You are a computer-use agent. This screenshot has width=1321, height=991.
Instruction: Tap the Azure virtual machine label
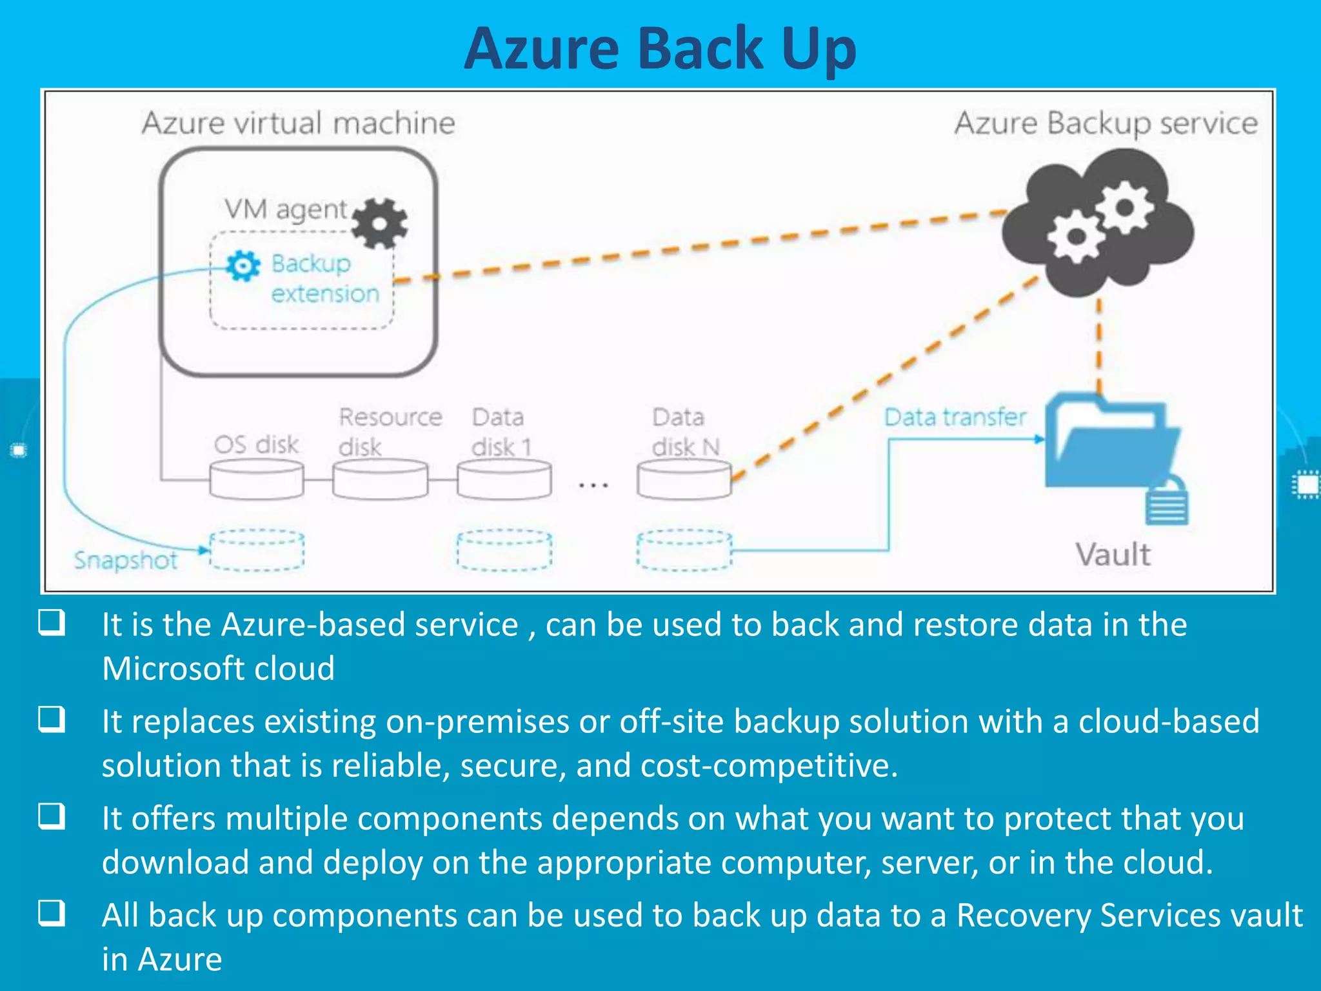(x=298, y=123)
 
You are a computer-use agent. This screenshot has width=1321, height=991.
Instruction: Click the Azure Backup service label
(x=1106, y=123)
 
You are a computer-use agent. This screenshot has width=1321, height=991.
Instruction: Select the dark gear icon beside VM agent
(x=381, y=223)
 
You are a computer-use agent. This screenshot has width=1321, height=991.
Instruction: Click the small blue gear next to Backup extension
(x=243, y=266)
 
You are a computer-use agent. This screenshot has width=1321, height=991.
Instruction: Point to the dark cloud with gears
(x=1098, y=223)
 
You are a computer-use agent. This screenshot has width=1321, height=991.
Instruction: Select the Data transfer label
(x=955, y=417)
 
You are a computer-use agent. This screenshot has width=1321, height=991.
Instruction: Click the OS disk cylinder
(x=257, y=480)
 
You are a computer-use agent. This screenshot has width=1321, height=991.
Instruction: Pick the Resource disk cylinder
(x=381, y=480)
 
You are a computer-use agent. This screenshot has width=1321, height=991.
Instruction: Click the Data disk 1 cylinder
(x=504, y=480)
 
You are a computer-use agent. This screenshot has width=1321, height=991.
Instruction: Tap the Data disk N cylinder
(x=684, y=480)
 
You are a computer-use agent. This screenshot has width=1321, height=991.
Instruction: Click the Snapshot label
(x=126, y=560)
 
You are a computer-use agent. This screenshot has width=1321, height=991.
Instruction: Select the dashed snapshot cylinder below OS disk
(x=257, y=550)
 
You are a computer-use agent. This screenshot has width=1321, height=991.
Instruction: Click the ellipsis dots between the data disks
(x=593, y=485)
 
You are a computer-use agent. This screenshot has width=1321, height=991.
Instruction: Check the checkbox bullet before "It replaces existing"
(x=52, y=719)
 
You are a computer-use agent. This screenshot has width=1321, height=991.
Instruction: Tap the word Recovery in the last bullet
(x=1023, y=915)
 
